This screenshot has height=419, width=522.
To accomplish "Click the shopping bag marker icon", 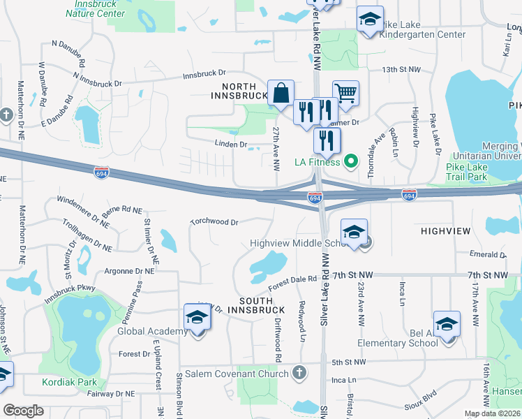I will [x=281, y=92].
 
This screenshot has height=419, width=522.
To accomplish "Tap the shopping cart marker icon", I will [x=345, y=92].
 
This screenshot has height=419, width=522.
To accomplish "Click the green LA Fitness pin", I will [x=352, y=162].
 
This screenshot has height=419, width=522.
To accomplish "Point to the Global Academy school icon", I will [x=197, y=318].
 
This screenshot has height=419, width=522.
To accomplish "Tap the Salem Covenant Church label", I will [x=237, y=373].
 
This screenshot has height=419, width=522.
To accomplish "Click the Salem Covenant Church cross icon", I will [x=299, y=372].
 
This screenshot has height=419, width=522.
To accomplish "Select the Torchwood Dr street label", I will [x=215, y=222].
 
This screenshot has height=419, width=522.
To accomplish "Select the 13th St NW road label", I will [x=401, y=70].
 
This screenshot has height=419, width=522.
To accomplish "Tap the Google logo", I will [x=23, y=411].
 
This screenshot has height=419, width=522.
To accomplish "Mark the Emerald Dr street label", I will [x=488, y=255].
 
